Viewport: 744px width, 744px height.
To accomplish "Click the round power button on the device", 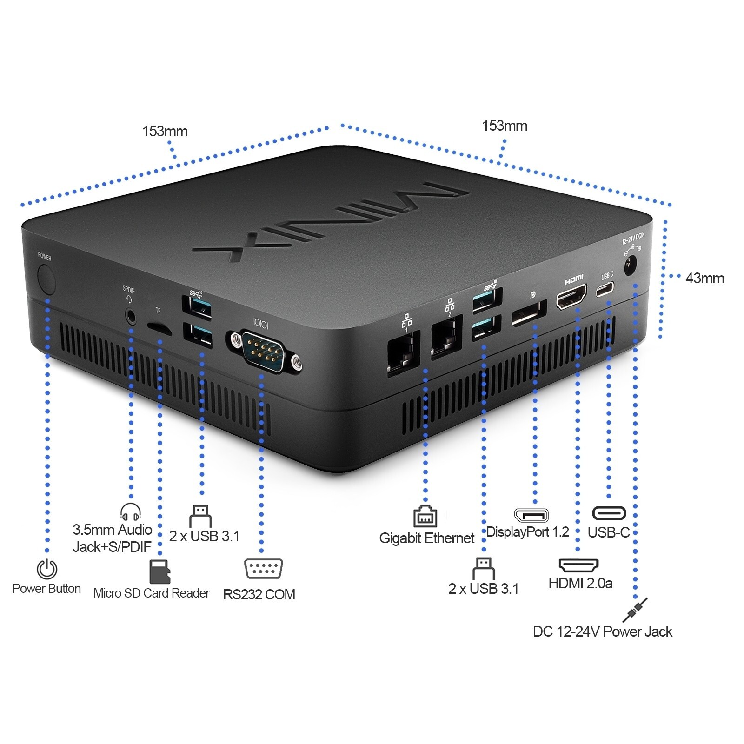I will [x=46, y=279].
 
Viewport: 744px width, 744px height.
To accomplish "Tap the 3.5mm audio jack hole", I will [x=131, y=317].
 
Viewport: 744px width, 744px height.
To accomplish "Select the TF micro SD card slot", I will [x=159, y=328].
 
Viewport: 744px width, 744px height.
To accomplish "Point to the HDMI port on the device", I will [x=571, y=298].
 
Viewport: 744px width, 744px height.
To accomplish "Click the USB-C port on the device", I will [x=605, y=290].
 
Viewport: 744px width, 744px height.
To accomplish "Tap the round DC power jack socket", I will [x=630, y=267].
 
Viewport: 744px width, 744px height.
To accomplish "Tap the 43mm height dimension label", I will [x=704, y=278].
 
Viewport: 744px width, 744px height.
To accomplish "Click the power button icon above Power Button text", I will [x=47, y=569].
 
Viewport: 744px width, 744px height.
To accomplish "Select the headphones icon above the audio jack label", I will [x=130, y=512].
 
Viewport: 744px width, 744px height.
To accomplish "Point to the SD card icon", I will [x=159, y=571].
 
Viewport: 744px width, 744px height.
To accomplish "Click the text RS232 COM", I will [x=259, y=594].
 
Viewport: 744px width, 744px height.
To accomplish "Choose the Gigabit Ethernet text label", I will [x=426, y=538].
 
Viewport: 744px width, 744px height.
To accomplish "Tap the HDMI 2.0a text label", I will [x=580, y=583].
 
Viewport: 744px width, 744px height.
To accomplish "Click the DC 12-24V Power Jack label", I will [x=602, y=631].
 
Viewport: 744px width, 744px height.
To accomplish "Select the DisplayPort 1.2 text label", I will [x=527, y=532].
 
